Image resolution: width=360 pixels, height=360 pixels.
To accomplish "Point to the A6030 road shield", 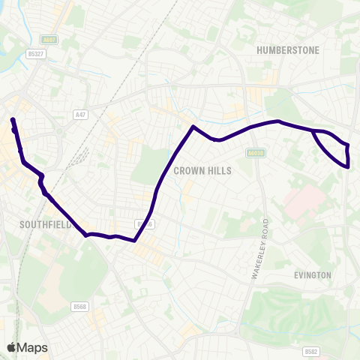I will click(x=256, y=152).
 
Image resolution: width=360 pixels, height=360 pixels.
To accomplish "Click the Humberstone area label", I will click(x=288, y=50).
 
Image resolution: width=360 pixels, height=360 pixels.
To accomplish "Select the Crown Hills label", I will click(x=202, y=171).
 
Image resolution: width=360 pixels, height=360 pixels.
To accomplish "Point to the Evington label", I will click(x=313, y=275).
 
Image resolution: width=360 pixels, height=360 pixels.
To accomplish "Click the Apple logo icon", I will click(x=11, y=347).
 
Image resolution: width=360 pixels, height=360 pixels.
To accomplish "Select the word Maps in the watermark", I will click(x=32, y=347).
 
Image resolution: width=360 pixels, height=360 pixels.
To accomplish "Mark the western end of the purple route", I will click(x=12, y=119).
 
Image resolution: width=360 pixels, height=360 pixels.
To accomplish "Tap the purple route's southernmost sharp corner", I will click(x=133, y=241).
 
